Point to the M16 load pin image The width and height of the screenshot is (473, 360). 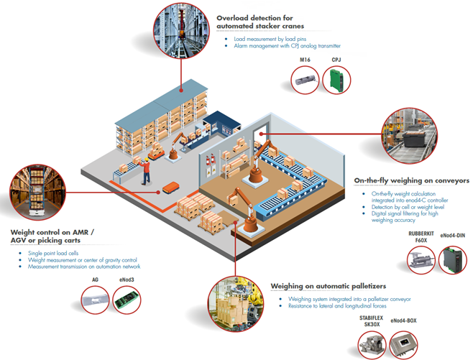coord(305,78)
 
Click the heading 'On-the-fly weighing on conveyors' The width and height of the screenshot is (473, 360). coord(412,180)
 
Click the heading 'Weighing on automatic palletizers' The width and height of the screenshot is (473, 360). coord(329,286)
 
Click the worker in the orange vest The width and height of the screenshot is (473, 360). coord(146,170)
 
